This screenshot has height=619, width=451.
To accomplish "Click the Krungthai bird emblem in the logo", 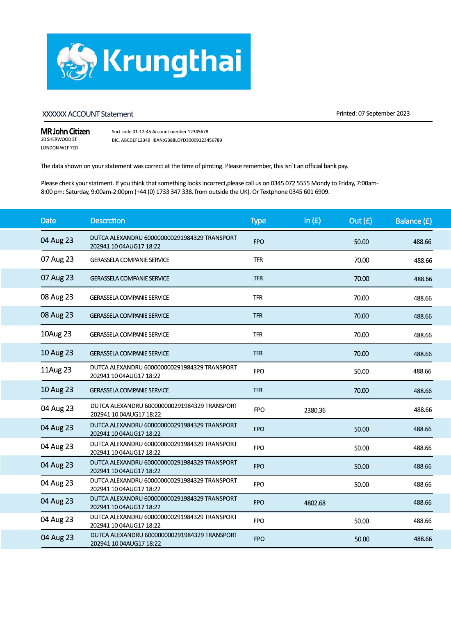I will tap(77, 61).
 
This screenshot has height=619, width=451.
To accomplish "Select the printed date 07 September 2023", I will tap(384, 114).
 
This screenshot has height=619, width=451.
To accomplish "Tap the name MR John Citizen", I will tap(65, 132).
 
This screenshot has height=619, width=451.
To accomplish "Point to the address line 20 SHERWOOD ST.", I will tap(59, 139).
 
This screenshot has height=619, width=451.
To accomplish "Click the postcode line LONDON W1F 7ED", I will tap(59, 148).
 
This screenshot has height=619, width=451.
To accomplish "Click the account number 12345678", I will tap(198, 132).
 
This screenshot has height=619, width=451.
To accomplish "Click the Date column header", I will tap(48, 221).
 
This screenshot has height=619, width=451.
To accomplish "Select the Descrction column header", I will tap(107, 221).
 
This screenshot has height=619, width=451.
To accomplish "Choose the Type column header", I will tap(258, 221).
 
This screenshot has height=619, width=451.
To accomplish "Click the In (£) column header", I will tap(312, 221).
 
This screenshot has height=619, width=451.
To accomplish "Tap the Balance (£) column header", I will tap(413, 221).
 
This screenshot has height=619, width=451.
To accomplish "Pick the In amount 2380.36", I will tap(315, 410).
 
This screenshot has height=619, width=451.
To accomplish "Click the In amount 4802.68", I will tap(315, 503).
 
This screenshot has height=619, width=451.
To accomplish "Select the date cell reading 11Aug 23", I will tap(56, 370).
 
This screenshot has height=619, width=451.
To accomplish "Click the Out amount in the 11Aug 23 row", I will tap(361, 371).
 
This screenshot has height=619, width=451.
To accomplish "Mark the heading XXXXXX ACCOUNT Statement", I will tap(88, 114).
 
